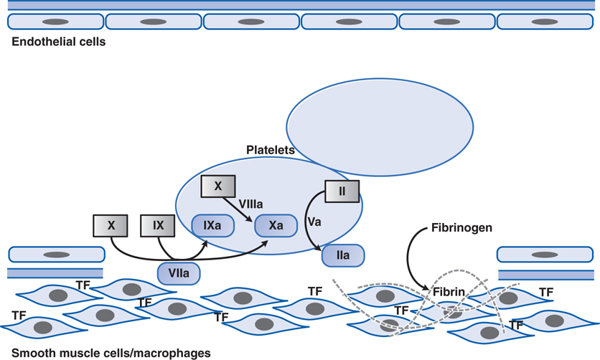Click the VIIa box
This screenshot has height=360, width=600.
[x=178, y=273]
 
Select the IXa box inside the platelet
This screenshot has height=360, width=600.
[x=212, y=226]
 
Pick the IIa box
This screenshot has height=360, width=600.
[x=343, y=255]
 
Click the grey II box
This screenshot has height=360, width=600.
[x=342, y=191]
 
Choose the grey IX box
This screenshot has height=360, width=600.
[x=158, y=225]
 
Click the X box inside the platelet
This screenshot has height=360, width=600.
[x=219, y=186]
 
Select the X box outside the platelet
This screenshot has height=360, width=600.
[x=111, y=225]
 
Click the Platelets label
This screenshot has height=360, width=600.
[x=270, y=150]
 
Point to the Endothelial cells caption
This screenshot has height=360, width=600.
[x=59, y=42]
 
